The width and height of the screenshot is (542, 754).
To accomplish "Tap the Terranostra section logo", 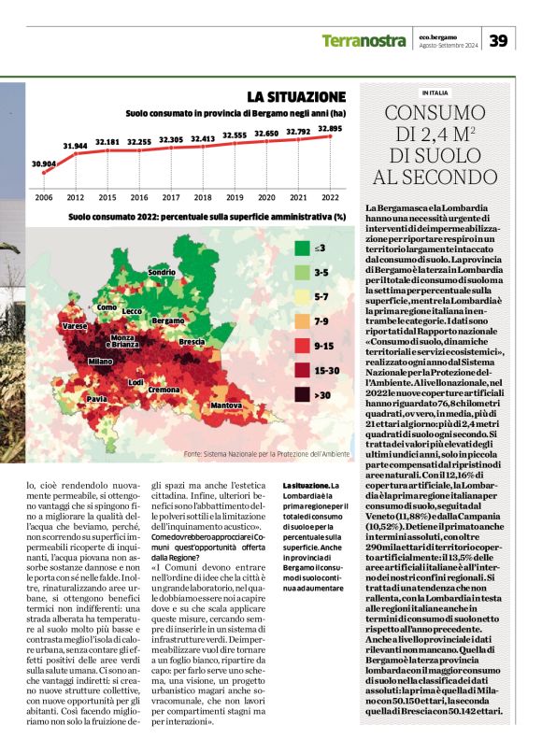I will coord(364,40).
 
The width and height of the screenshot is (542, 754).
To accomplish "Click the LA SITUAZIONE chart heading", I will coord(296,97).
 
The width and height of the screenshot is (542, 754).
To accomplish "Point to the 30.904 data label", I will coord(44,164).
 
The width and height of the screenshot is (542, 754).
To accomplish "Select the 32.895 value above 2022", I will coord(330,128).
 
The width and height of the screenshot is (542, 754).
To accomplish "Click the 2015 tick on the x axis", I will coord(107,198).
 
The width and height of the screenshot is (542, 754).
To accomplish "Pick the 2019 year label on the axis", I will coord(235,198).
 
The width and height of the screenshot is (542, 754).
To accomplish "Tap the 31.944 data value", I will coord(76,146).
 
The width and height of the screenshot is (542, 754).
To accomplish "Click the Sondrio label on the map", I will coord(162,272).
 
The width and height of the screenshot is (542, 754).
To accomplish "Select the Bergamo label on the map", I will coord(168,320).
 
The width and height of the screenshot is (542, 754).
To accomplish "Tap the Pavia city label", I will coord(96,399).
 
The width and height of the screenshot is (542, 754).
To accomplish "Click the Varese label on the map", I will coord(75,327).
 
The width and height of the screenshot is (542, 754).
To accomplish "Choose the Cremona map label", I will coord(164,389).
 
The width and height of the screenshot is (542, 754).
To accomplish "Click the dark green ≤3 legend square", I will coord(302,249).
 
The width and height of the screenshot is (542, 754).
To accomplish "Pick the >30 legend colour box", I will coord(302,394).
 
